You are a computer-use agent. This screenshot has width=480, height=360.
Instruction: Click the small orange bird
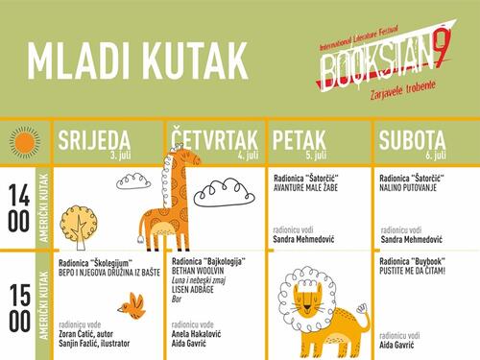(x=129, y=306)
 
